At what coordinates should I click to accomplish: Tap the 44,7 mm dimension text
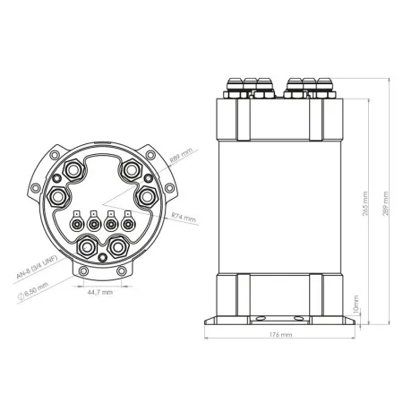[x=100, y=292]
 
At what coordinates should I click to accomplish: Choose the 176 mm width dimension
[x=280, y=334]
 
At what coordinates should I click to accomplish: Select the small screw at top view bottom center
[x=101, y=258]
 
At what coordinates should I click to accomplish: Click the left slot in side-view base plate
[x=260, y=318]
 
